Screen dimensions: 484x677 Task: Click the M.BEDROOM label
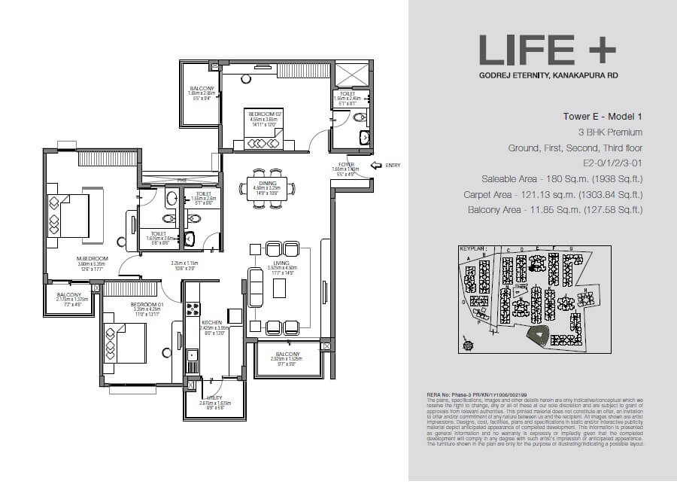(93, 259)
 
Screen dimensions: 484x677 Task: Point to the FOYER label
(347, 163)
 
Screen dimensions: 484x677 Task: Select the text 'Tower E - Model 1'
(603, 117)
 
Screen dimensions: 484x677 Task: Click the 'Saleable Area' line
(562, 179)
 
